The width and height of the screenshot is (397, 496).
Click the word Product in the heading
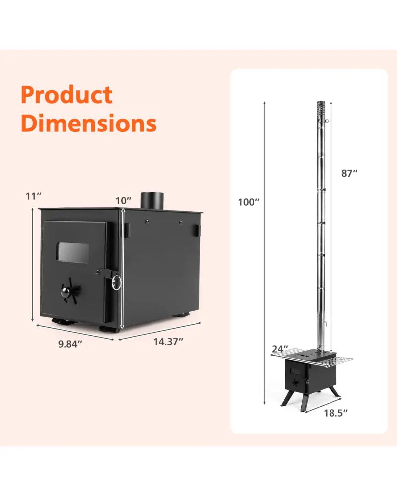66,95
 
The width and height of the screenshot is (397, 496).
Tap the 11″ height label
34,196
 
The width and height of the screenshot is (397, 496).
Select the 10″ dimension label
123,201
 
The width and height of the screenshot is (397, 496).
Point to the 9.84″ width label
70,344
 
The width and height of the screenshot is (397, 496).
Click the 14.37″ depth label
168,342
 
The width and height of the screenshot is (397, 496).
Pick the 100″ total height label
249,202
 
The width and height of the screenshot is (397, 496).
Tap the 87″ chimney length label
349,173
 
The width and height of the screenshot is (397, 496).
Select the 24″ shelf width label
280,349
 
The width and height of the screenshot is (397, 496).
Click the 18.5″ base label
335,413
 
